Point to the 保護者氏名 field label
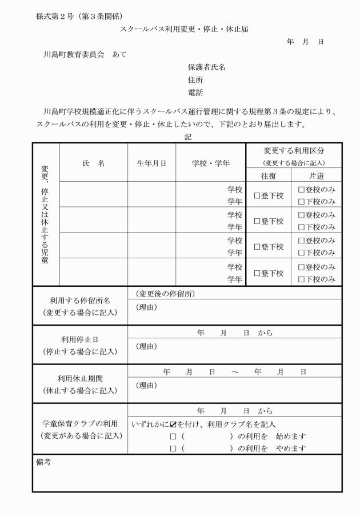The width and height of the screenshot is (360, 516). tap(206, 67)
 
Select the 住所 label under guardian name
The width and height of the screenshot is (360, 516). tap(195, 80)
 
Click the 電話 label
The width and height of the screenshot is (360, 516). tap(195, 93)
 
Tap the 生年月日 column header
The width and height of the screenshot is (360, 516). tap(151, 163)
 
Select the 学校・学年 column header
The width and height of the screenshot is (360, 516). tap(210, 163)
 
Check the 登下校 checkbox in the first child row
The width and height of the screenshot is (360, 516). tap(257, 195)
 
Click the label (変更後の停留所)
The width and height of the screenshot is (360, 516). tap(165, 294)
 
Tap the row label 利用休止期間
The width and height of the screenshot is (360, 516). tap(80, 378)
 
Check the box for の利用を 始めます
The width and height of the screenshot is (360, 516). tap(173, 437)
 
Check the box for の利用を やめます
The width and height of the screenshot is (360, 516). tap(173, 449)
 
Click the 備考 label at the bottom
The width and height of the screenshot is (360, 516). tap(43, 462)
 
